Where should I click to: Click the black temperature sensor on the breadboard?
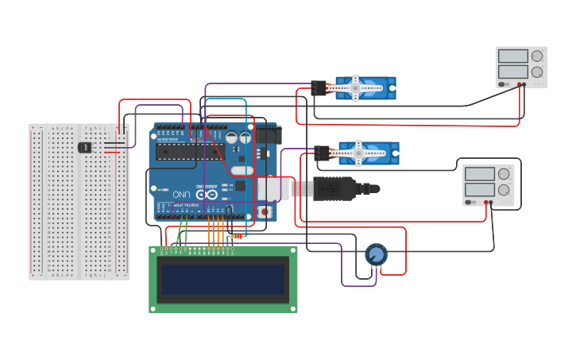click(85, 147)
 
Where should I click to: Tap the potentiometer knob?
click(376, 255)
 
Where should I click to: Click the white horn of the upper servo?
click(356, 87)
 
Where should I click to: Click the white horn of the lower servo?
click(359, 152)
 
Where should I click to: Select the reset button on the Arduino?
click(263, 211)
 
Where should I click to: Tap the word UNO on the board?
click(182, 194)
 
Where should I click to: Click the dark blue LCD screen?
click(222, 279)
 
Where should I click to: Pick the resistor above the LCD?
click(237, 236)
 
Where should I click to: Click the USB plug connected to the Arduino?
click(342, 189)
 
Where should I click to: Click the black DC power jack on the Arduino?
click(269, 136)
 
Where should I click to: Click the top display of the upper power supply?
click(512, 56)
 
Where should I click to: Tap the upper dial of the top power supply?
click(537, 56)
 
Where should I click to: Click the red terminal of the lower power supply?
click(486, 202)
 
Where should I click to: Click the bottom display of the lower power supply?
click(480, 190)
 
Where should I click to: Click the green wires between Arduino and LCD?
click(182, 231)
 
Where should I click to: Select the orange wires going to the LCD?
click(215, 231)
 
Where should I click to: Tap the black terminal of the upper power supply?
click(524, 83)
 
